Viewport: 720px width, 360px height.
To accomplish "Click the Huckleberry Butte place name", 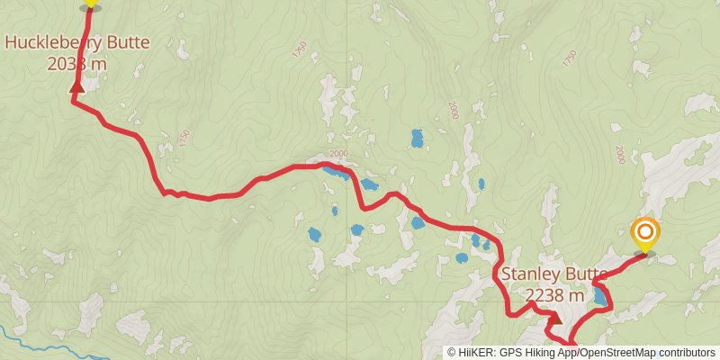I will (76, 41).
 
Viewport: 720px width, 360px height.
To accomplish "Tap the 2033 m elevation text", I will (76, 63).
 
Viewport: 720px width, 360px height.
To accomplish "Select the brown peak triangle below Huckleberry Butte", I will (76, 87).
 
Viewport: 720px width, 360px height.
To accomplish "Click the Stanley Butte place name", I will (553, 274).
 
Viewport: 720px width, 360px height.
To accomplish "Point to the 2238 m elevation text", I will (554, 294).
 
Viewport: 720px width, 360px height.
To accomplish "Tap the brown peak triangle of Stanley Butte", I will (555, 317).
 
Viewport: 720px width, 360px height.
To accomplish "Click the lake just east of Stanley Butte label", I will (599, 296).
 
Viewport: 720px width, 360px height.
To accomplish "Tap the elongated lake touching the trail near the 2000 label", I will (337, 172).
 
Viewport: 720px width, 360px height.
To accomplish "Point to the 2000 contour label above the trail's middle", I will (338, 153).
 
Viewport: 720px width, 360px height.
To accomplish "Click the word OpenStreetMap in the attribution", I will (623, 353).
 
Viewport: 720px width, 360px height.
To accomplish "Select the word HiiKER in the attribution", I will (474, 353).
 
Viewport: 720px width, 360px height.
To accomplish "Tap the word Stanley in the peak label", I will (531, 274).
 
